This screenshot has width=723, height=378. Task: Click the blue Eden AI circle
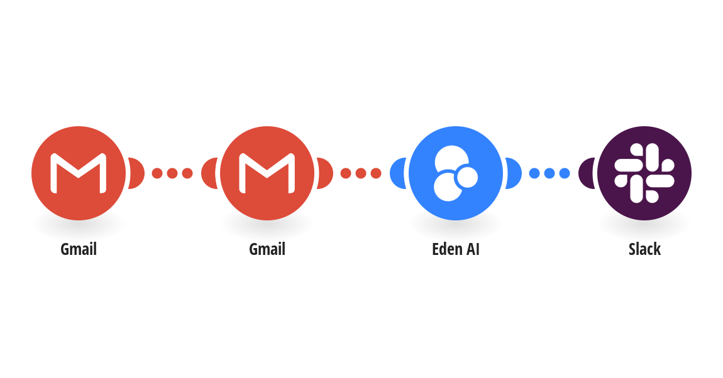(x=456, y=173)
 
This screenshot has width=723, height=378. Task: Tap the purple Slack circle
(x=644, y=173)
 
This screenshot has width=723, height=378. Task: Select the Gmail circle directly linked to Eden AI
(x=267, y=173)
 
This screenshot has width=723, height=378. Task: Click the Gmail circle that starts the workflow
(x=79, y=173)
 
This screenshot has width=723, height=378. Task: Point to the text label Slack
(x=644, y=249)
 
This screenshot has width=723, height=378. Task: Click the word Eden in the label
(x=446, y=249)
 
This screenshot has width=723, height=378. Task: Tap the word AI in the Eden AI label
(x=473, y=249)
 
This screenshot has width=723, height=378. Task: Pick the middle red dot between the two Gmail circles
(x=172, y=173)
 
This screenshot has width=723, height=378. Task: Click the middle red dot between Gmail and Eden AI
(x=361, y=173)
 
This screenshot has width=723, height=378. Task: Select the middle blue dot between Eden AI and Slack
(x=549, y=173)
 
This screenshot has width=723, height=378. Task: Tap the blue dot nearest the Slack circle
(x=565, y=173)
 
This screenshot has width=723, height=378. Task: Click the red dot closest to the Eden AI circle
(x=376, y=173)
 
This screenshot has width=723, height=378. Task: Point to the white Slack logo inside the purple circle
(x=644, y=173)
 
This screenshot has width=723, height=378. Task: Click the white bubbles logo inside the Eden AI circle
(x=456, y=173)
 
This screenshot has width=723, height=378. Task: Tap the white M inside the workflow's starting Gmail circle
(x=79, y=173)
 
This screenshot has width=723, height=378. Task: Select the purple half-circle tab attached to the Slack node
(x=586, y=173)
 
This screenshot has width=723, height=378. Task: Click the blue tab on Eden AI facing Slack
(x=514, y=173)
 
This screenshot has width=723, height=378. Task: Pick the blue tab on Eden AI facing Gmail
(x=397, y=173)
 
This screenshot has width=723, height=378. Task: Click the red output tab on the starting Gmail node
(x=136, y=173)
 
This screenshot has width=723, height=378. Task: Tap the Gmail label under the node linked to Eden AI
(x=267, y=249)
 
